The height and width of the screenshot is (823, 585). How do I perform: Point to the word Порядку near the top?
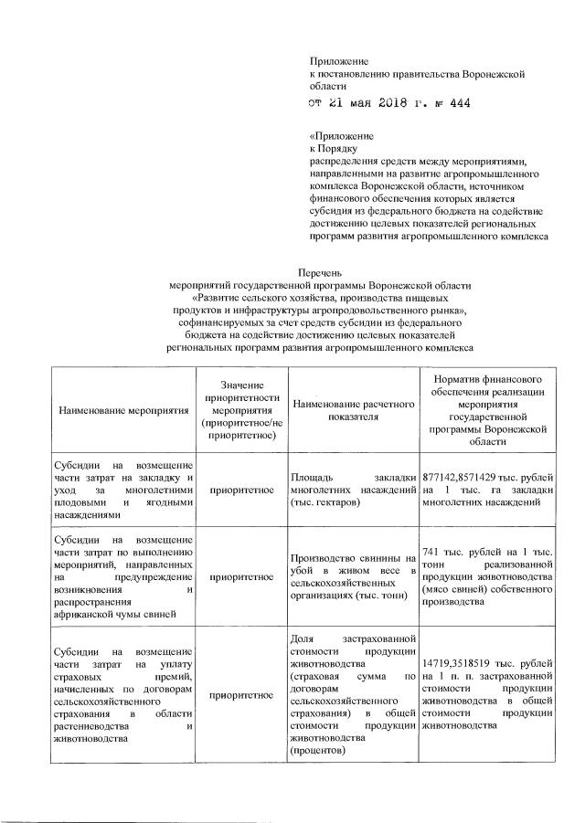click(338, 152)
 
